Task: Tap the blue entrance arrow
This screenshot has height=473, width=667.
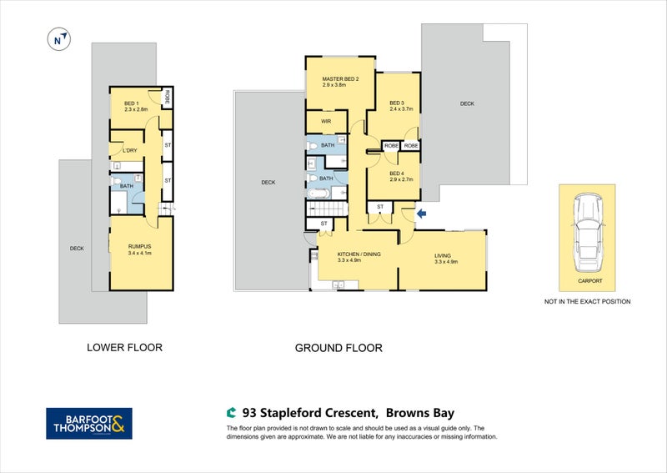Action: click(421, 214)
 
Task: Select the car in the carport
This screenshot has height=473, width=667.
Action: click(589, 233)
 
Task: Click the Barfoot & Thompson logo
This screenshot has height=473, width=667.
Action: click(87, 423)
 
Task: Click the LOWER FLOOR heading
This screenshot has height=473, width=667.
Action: click(124, 347)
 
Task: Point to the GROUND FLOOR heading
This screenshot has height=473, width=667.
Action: click(339, 348)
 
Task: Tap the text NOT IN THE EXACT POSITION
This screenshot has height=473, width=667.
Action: click(587, 301)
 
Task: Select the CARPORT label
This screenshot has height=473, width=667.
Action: click(589, 281)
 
